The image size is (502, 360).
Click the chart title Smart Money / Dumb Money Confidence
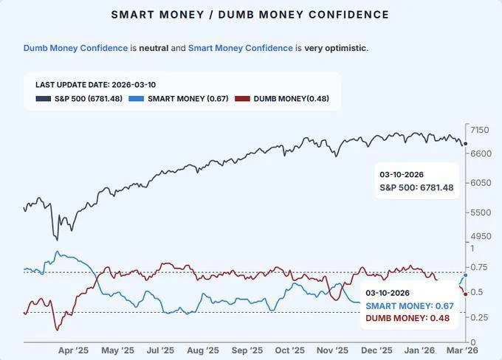coord(250,15)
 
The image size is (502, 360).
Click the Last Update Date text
coord(95,85)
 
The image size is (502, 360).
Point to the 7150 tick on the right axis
coord(481,131)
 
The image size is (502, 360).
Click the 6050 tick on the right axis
coord(481,183)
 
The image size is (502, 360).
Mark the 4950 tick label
coord(481,236)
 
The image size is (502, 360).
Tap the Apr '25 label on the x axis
coord(74,350)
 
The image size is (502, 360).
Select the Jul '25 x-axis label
coord(159,350)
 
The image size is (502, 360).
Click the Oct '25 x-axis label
coord(289,350)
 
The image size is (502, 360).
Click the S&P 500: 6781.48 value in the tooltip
coord(416,188)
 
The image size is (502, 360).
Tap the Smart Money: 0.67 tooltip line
coord(410,305)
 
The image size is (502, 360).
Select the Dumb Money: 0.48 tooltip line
coord(408,318)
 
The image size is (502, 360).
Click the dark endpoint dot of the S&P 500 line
coord(465,144)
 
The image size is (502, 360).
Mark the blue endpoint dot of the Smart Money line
coord(465,275)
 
